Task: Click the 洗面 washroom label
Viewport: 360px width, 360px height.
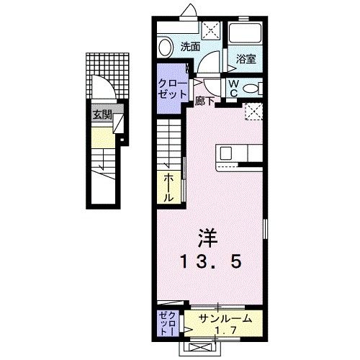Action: [x=190, y=47]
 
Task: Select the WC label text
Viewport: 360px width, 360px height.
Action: [x=235, y=86]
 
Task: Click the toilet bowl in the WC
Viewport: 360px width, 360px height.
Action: [x=251, y=88]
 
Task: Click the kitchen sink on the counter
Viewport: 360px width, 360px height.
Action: [x=225, y=153]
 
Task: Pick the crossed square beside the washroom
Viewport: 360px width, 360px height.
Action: [x=211, y=30]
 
